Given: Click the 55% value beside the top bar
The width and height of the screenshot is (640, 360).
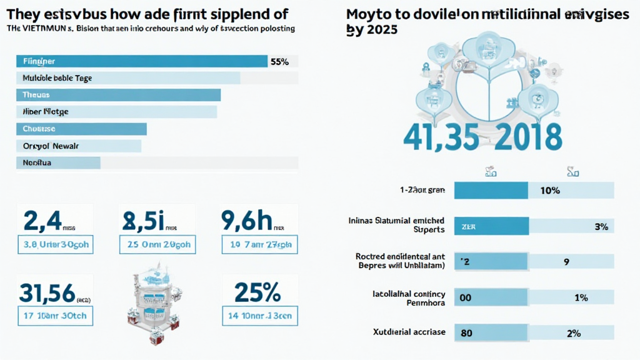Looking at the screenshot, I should point(279,61).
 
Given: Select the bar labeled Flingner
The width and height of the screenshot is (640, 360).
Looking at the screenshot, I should point(141,61).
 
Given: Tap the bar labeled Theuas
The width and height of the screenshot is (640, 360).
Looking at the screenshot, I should point(117,95).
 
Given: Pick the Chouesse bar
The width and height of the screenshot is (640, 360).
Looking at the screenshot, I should point(81,129).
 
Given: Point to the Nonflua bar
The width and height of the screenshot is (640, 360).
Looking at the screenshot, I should point(57,162).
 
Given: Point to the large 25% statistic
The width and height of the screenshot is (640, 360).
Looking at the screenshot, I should point(257,292).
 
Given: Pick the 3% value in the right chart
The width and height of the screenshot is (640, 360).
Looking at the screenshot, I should point(601,227).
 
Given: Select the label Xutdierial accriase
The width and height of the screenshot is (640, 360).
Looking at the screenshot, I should point(409,332).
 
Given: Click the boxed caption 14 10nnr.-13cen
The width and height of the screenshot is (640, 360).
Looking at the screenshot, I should point(260,316).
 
